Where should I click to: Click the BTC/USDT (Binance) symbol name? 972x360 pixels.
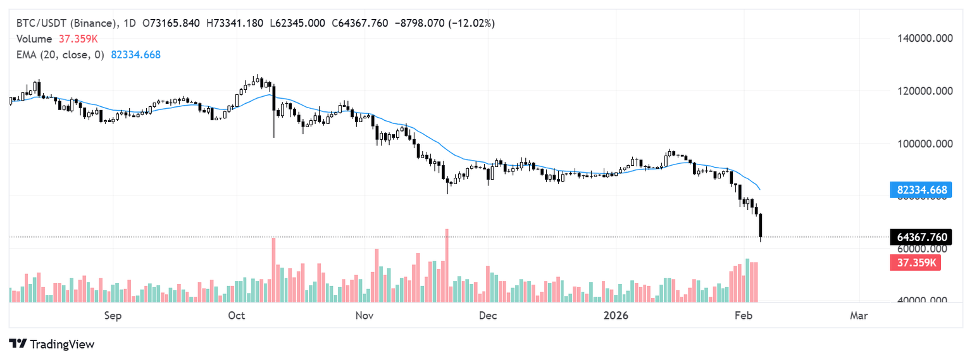[67, 23]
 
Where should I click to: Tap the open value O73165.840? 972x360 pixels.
[171, 23]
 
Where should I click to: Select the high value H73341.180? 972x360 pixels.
[235, 23]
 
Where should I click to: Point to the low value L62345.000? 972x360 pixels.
[297, 23]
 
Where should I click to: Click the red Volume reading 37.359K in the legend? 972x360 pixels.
[78, 39]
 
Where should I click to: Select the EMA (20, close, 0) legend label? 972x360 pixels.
[61, 54]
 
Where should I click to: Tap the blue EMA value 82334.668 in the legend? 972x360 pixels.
[135, 54]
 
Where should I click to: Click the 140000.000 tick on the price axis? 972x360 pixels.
[926, 39]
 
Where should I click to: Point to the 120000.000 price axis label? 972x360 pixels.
[926, 91]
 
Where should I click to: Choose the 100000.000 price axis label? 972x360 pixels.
[926, 144]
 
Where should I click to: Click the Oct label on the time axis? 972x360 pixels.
[237, 315]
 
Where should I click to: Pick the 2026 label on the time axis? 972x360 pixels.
[616, 315]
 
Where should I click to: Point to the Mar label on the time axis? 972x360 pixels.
[859, 315]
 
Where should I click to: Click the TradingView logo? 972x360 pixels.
[52, 344]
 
